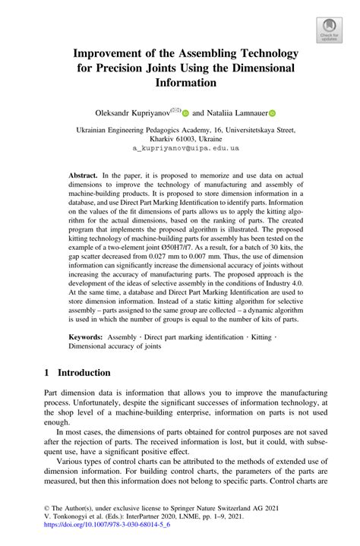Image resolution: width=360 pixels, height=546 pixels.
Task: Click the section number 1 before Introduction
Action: pos(47,373)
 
